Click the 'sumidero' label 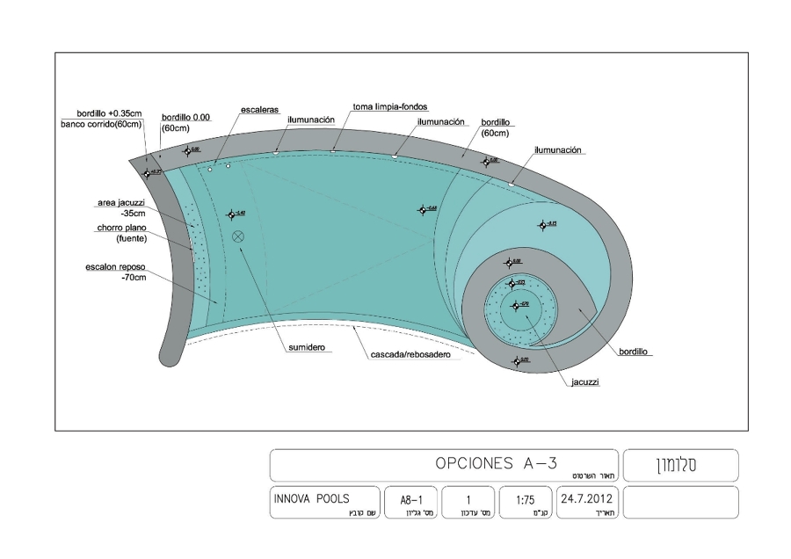pos(307,348)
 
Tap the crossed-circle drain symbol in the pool pos(237,236)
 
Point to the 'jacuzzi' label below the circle pos(584,382)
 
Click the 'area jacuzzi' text pos(120,203)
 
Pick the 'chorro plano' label pos(121,228)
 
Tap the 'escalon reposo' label pos(115,268)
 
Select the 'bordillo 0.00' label pos(187,117)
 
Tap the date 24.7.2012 pos(585,498)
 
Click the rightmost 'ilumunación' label pos(559,150)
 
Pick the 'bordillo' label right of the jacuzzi pos(633,351)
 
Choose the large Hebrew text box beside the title pos(679,464)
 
